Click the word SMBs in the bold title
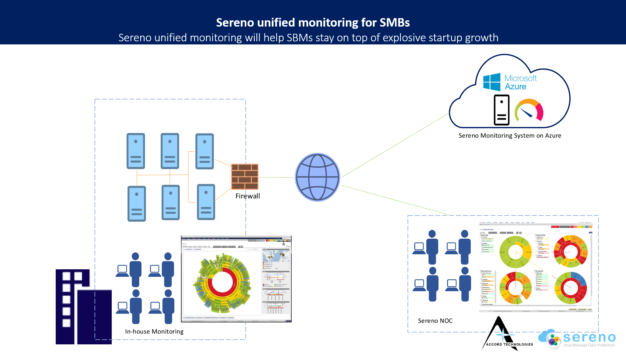(x=394, y=23)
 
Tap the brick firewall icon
(x=245, y=177)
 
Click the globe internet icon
(x=317, y=177)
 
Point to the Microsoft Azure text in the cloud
(x=520, y=82)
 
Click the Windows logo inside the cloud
(x=492, y=82)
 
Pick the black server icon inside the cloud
(x=501, y=110)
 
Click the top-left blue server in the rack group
(x=136, y=151)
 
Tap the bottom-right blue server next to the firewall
(x=206, y=202)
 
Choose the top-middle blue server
(x=170, y=151)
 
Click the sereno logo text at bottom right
(x=589, y=337)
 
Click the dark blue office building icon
(x=84, y=307)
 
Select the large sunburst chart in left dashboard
(x=223, y=283)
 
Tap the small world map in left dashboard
(x=276, y=256)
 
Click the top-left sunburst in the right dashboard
(x=515, y=252)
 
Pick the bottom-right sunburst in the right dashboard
(x=570, y=287)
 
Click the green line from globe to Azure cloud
(x=394, y=146)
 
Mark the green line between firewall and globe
(x=277, y=177)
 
